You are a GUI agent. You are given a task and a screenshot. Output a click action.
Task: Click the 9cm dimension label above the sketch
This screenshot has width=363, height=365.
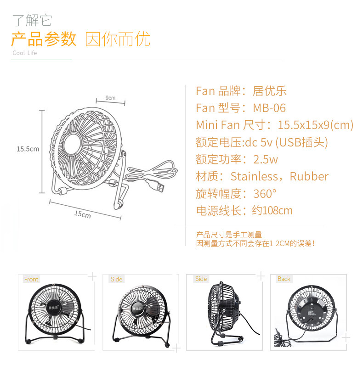(110, 98)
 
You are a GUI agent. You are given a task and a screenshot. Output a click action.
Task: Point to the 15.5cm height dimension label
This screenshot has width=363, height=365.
(28, 149)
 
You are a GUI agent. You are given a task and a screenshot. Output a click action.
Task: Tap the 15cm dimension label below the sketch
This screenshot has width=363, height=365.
(83, 214)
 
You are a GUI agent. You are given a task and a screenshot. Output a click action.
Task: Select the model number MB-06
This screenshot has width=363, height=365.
(269, 108)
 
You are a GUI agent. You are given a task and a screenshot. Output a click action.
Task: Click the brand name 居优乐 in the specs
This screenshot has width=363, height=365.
(270, 91)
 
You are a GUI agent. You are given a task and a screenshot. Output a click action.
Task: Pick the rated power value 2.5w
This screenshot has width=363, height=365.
(266, 159)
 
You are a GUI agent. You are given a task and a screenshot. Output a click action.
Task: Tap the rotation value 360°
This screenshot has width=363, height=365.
(265, 193)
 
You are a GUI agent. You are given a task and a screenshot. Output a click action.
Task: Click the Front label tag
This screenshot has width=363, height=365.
(31, 279)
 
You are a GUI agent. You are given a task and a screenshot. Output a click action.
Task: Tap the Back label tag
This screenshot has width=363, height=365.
(284, 279)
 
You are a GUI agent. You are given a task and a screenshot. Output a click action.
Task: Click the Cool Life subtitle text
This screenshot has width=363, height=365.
(25, 53)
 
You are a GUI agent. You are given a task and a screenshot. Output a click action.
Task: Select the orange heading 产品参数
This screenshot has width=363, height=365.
(44, 39)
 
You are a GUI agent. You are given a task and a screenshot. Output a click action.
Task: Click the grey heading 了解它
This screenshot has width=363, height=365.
(32, 21)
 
